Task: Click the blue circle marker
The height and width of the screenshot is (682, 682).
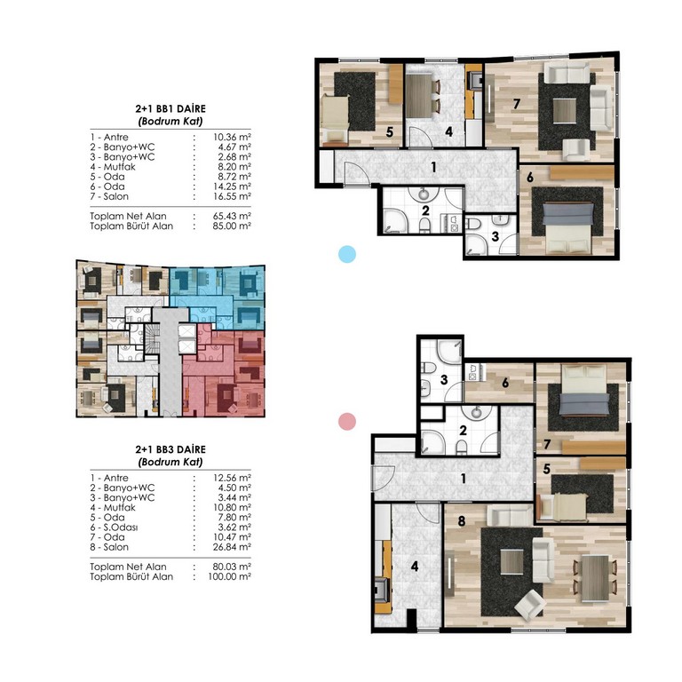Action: [347, 254]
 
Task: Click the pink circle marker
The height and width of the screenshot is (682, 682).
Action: [347, 422]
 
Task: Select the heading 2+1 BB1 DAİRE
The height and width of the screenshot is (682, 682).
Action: [170, 108]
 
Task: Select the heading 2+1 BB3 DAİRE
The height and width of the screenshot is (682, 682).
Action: [170, 449]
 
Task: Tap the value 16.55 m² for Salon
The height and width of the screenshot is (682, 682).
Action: [232, 196]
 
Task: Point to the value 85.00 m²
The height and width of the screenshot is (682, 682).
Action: [232, 226]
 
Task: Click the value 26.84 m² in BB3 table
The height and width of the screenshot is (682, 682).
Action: [232, 547]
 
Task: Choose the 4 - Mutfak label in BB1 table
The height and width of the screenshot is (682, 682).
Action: [113, 167]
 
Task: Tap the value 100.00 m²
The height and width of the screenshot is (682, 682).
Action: [230, 576]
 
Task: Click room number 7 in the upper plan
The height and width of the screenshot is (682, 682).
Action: [516, 104]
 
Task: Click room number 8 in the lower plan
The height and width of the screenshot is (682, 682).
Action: [462, 520]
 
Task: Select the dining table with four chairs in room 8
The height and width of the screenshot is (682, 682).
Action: [595, 578]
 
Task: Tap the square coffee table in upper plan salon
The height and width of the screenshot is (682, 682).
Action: [565, 111]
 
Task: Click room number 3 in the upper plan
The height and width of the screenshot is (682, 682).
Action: [495, 236]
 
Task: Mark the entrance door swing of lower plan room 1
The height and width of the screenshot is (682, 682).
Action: [384, 479]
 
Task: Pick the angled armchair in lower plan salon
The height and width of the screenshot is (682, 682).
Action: [531, 605]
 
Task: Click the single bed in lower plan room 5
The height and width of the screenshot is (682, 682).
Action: [562, 507]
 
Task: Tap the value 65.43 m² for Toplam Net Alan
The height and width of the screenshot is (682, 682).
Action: [232, 216]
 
